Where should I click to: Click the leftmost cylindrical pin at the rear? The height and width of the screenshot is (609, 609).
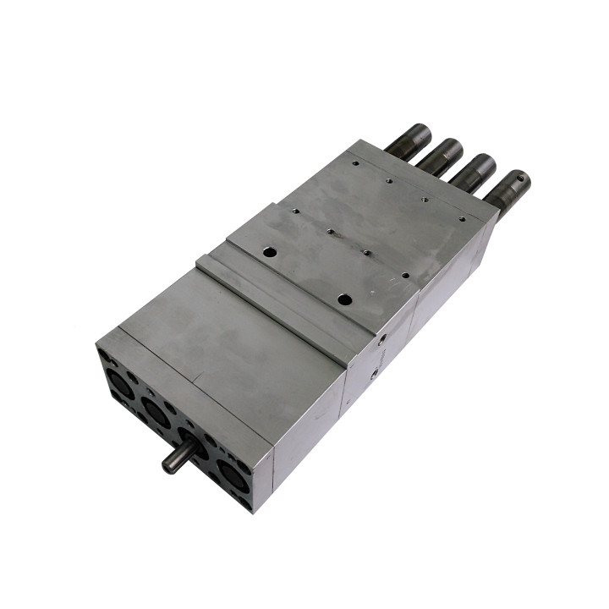tap(408, 140)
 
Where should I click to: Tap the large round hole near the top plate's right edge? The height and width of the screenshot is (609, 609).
tap(343, 299)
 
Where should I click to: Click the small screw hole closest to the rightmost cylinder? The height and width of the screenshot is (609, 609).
tap(462, 217)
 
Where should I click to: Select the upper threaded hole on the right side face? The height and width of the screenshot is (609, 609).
tap(382, 337)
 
